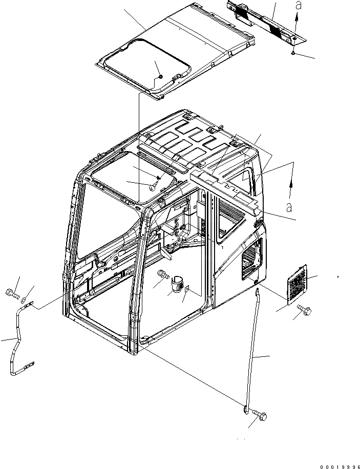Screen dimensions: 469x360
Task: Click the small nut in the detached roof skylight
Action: pos(160,77)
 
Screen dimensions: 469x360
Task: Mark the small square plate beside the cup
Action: pos(187,289)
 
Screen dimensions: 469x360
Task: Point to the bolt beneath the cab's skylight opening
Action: pos(152,188)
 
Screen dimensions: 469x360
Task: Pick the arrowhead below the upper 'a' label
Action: pos(296,17)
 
